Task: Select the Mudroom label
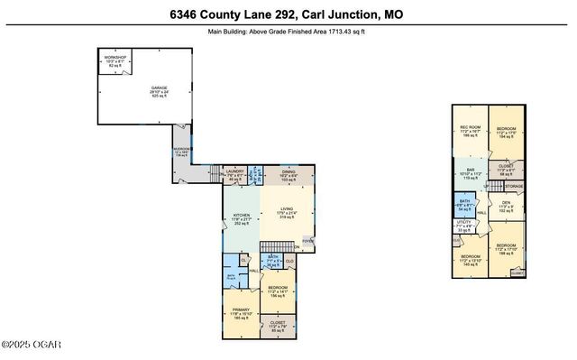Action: pyautogui.click(x=183, y=152)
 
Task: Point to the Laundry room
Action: pyautogui.click(x=235, y=174)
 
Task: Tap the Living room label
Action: pyautogui.click(x=287, y=215)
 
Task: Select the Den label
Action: pyautogui.click(x=506, y=205)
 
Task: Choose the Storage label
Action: pyautogui.click(x=513, y=187)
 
